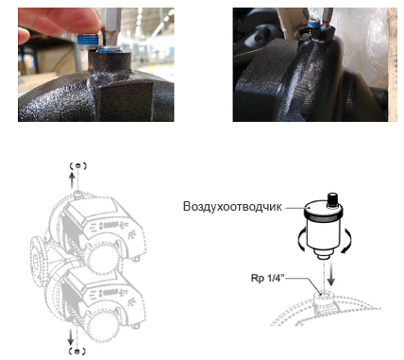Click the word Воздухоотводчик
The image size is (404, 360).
pos(232,207)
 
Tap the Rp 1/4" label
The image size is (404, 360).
pos(267,279)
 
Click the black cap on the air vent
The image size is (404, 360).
pos(332,198)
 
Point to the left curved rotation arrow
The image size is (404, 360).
pos(300,239)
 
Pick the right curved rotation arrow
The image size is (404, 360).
pos(347,240)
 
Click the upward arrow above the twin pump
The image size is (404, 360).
pos(72,180)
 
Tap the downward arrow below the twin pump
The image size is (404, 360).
pos(71,336)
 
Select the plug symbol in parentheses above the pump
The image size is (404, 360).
pos(77,165)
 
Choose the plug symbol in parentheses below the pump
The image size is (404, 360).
pos(77,351)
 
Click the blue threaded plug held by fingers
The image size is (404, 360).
pos(87,42)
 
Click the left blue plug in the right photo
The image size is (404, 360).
pos(313,24)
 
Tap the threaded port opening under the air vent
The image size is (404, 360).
pos(323,295)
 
